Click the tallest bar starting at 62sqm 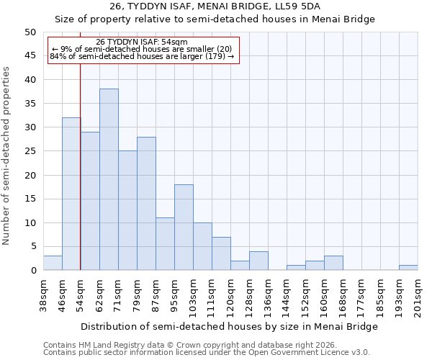point(109,179)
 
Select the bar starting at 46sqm point(71,194)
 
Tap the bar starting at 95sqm point(184,228)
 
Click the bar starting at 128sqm point(258,261)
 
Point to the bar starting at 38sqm point(53,263)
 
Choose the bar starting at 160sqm point(333,263)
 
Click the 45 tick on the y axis point(30,55)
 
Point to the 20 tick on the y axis point(30,175)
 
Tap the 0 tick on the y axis point(33,271)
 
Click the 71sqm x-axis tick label point(118,294)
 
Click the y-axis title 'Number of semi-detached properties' point(6,156)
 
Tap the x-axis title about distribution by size point(229,326)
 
